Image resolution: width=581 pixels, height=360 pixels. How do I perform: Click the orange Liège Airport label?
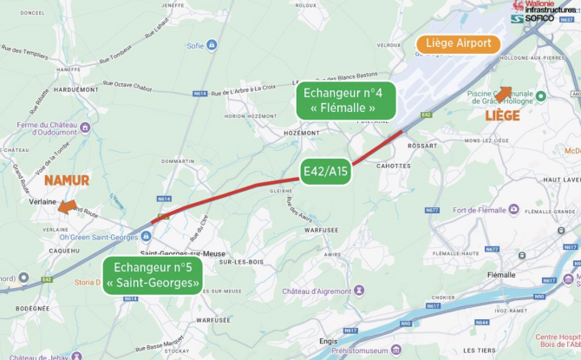458,43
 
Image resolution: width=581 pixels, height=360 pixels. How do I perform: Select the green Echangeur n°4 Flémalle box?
348,100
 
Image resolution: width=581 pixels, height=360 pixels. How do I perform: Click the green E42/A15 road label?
326,172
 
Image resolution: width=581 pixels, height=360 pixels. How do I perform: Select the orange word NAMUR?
67,180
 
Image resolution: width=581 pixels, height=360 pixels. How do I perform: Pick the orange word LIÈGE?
502,115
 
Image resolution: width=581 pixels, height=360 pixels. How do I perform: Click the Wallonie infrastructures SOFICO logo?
544,11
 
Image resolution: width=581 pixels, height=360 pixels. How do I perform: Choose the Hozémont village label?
302,133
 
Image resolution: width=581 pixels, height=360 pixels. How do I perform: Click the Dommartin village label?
177,161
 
